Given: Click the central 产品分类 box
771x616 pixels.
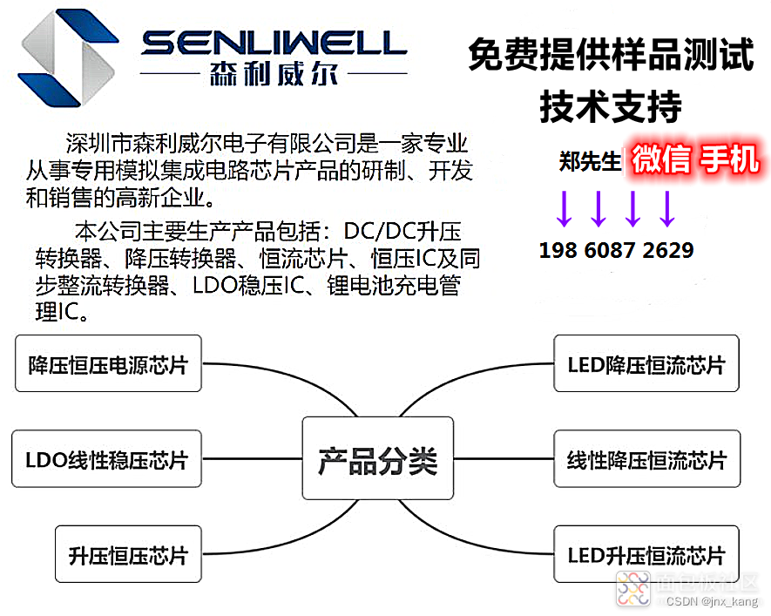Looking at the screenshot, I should pos(377,461).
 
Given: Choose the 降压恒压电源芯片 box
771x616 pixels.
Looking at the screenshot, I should pos(108,364).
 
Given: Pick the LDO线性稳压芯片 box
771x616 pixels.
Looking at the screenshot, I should pos(106,460).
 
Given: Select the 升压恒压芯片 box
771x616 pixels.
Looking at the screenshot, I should pos(128,555).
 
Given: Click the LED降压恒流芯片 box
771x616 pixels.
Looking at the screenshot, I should pos(646,364).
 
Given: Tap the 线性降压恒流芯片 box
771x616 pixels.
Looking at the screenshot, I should pos(646,460).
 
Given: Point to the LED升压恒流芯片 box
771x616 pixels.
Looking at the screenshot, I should pos(646,555).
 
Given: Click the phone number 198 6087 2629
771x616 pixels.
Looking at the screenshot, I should pos(616,251).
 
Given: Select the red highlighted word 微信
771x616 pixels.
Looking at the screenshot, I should pos(662,160).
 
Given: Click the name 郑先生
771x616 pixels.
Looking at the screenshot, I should pos(590,161).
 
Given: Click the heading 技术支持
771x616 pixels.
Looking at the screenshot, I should pos(610,107).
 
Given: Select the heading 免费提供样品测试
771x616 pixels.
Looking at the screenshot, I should pos(610,56).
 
